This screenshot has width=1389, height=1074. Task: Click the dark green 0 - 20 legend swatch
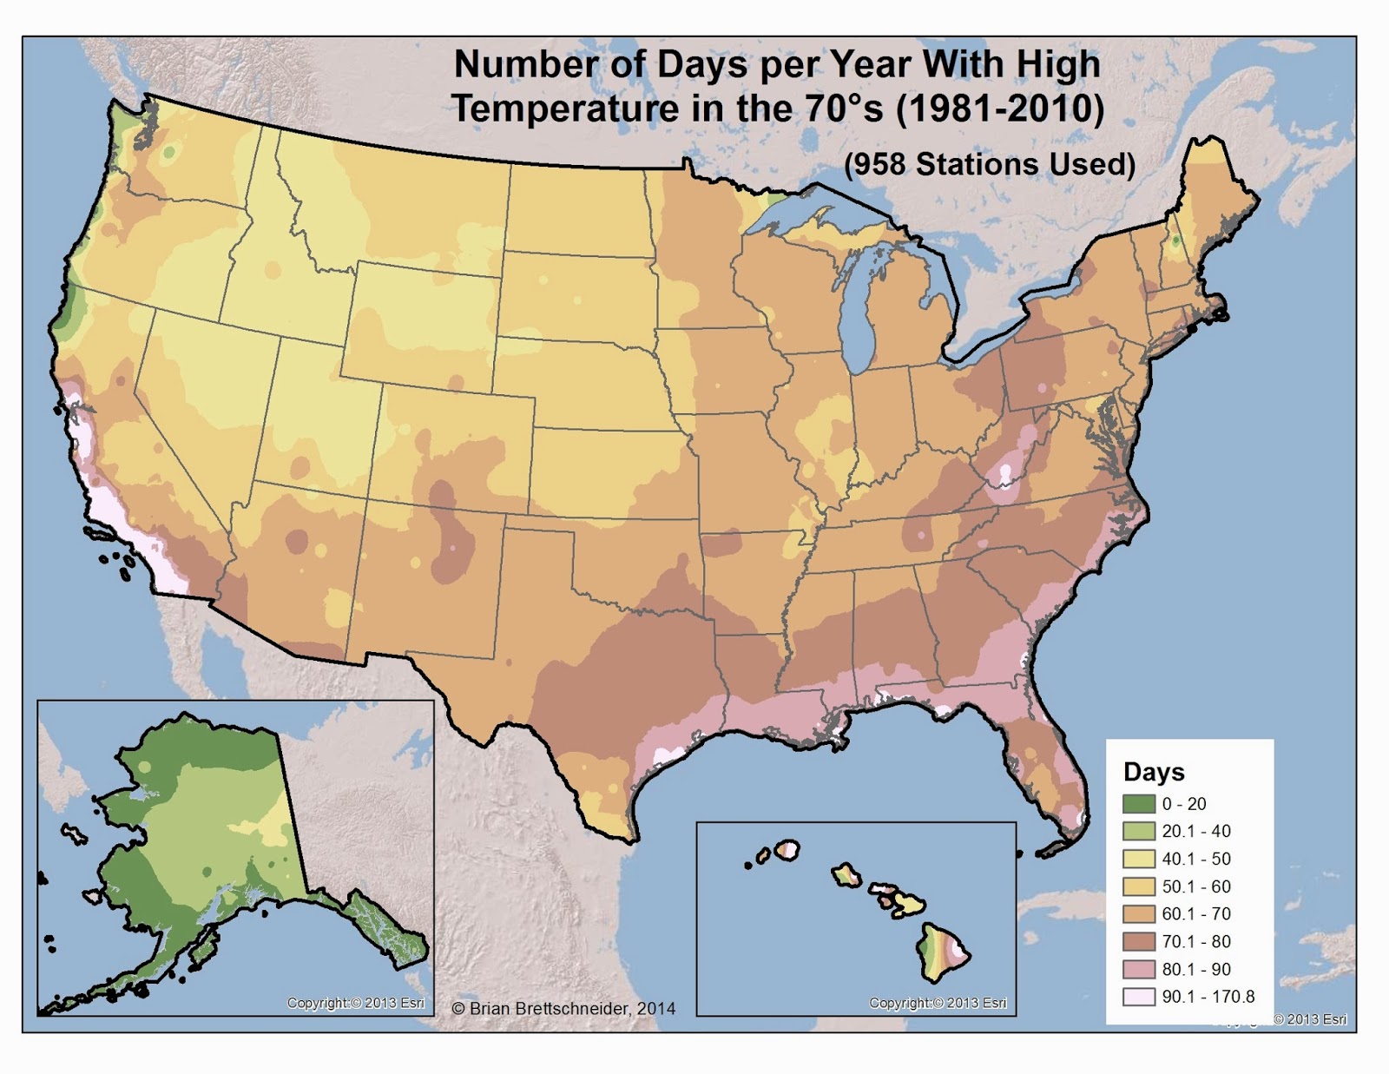point(1139,804)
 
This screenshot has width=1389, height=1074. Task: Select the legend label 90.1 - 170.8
point(1208,997)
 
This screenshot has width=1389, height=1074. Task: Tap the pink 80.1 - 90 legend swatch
point(1139,969)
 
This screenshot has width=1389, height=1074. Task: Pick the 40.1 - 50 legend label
point(1196,859)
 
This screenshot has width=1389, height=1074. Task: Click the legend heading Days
point(1153,772)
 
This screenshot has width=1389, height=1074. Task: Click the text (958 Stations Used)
point(990,164)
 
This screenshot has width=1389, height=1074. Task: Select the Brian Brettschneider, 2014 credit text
point(563,1008)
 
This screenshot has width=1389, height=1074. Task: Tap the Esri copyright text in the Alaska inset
point(356,1003)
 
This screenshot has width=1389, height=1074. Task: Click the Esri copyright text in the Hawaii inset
point(938,1003)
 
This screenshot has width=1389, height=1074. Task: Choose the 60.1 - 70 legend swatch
point(1139,913)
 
